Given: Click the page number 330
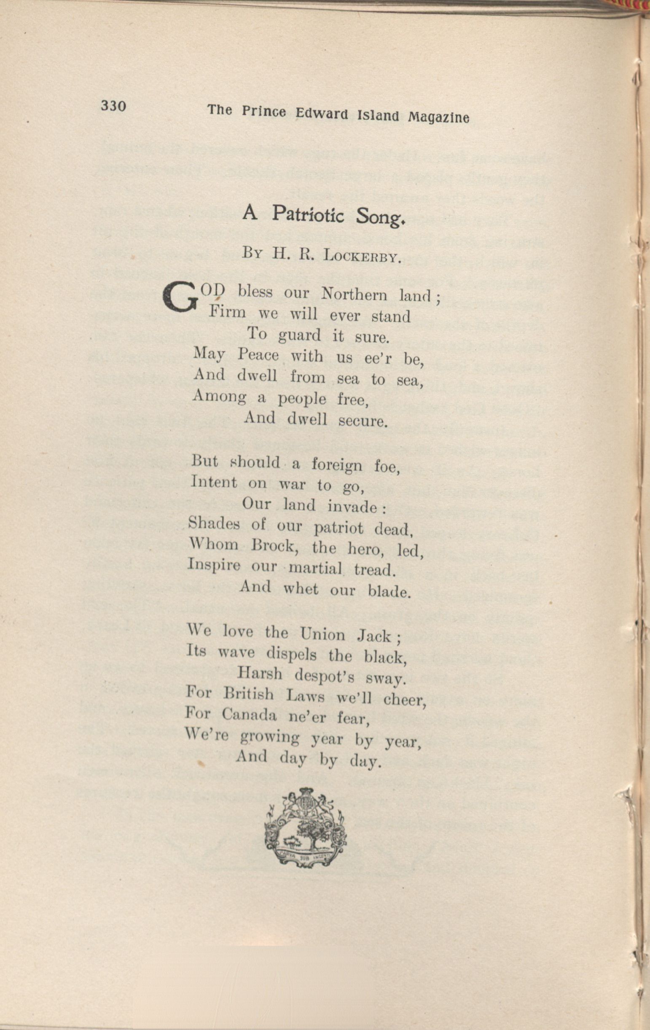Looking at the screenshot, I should tap(113, 105).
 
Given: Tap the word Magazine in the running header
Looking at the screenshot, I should tap(438, 117).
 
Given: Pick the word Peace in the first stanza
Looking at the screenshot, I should tap(258, 354).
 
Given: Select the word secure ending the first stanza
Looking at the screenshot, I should tap(363, 421).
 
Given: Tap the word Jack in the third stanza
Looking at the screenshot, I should tap(374, 636).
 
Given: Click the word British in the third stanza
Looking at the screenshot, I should tap(248, 694).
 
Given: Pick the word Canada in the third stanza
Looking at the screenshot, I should tap(250, 715).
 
